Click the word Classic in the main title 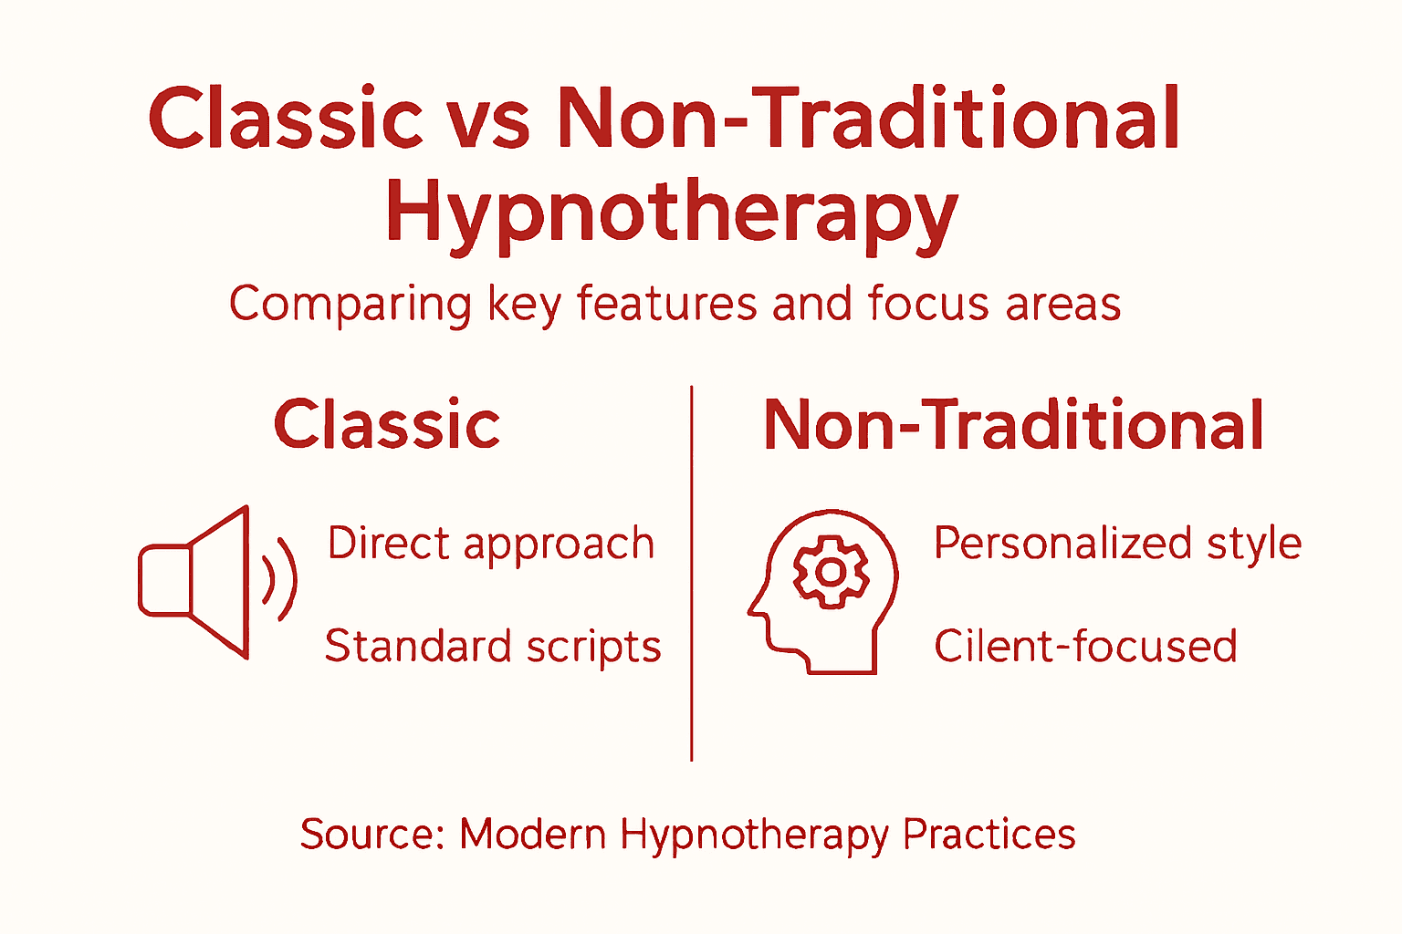[286, 119]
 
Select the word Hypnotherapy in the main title [672, 213]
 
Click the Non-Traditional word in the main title [868, 119]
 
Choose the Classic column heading [387, 425]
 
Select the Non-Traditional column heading [1013, 425]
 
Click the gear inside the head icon [831, 572]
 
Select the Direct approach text [491, 545]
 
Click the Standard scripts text [493, 647]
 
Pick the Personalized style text [1117, 545]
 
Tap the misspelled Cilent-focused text [1085, 647]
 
